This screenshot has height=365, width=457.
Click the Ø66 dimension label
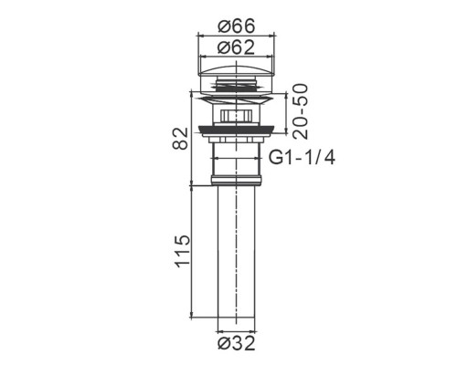point(236,26)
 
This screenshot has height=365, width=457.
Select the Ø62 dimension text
point(236,47)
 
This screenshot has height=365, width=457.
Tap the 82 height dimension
point(180,139)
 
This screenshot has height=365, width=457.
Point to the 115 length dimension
point(183,251)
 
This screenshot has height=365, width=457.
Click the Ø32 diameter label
point(236,343)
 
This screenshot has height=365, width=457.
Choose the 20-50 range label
point(301,111)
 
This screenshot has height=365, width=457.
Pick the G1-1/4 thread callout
point(302,158)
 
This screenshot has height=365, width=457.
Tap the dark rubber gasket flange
point(237,131)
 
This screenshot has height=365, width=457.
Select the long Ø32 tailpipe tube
point(237,252)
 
